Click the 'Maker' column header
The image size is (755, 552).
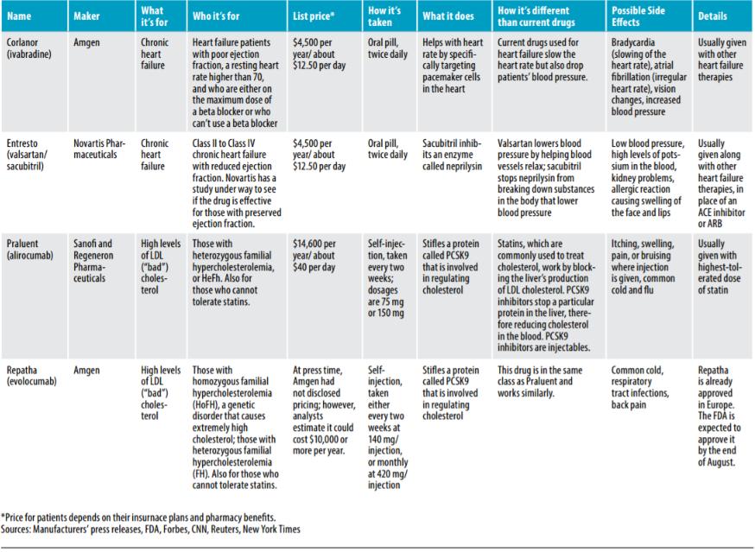87,16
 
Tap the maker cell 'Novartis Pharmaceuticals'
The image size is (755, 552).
100,149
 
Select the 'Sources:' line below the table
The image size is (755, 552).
151,529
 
